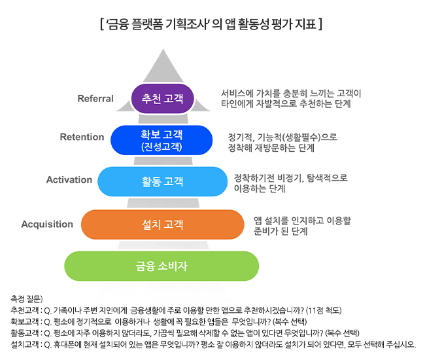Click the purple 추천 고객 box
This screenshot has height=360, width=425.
(x=163, y=98)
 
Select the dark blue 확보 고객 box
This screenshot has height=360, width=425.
(x=161, y=140)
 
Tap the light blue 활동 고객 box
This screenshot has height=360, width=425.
(x=162, y=181)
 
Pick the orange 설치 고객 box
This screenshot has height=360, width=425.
(x=163, y=225)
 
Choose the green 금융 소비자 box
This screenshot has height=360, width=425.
(x=161, y=266)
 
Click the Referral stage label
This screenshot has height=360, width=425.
(x=95, y=98)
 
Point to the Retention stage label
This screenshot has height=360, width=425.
(x=82, y=137)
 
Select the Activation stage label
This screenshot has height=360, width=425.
(x=69, y=179)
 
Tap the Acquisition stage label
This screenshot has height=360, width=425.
(x=47, y=225)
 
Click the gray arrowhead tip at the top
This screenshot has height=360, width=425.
(x=163, y=49)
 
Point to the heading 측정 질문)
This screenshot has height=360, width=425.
(x=27, y=299)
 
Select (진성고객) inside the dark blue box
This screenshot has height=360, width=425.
(x=161, y=147)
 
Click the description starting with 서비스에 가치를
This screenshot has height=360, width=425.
(x=291, y=98)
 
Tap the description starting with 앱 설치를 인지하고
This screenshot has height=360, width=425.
(x=302, y=226)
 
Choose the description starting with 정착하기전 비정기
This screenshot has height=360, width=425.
(x=290, y=183)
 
